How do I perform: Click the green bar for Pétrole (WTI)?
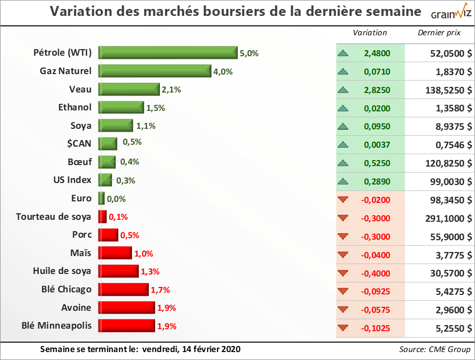pos(168,53)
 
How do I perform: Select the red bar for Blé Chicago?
pos(124,289)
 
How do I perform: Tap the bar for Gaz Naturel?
pos(155,71)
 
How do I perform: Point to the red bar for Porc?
pos(108,235)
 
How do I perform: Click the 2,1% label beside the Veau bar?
pos(171,90)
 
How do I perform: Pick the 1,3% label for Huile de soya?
pos(150,271)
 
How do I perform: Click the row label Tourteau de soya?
pos(54,217)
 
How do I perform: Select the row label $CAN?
pos(80,144)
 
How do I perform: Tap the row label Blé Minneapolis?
pos(57,326)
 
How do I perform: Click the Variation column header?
pos(370,33)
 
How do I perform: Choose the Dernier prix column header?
pos(439,33)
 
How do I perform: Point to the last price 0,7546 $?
pos(450,145)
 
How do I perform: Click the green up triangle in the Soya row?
pos(342,126)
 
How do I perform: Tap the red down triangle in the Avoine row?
pos(342,309)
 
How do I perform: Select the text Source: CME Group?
pos(435,350)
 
